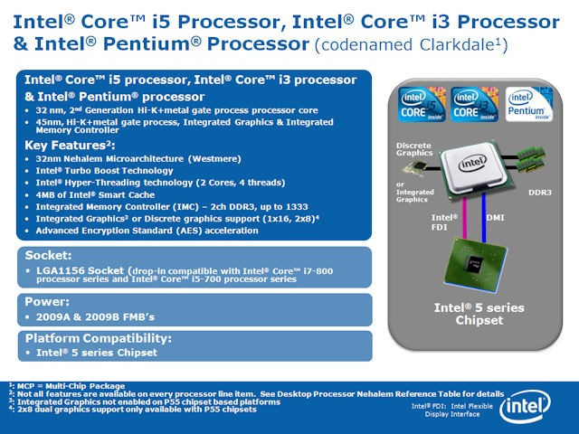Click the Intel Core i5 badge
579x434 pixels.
(x=422, y=105)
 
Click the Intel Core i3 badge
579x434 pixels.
(x=474, y=105)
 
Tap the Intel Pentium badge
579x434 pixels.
(x=528, y=105)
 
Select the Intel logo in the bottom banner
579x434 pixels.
(x=525, y=407)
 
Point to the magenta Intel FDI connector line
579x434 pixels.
(x=464, y=218)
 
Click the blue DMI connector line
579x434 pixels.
(x=484, y=218)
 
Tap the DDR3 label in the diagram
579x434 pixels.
(x=540, y=193)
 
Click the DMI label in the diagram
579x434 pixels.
(x=495, y=218)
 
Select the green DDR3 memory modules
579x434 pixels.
(x=531, y=159)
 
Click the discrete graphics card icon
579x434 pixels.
(x=414, y=168)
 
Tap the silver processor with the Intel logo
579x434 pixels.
(x=473, y=168)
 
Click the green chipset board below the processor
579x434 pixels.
(x=475, y=265)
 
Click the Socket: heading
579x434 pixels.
(x=48, y=255)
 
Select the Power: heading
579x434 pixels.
(x=47, y=302)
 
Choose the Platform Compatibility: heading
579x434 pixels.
(x=99, y=338)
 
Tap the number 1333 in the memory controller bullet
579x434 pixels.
(x=297, y=207)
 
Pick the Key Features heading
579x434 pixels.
(x=70, y=145)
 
